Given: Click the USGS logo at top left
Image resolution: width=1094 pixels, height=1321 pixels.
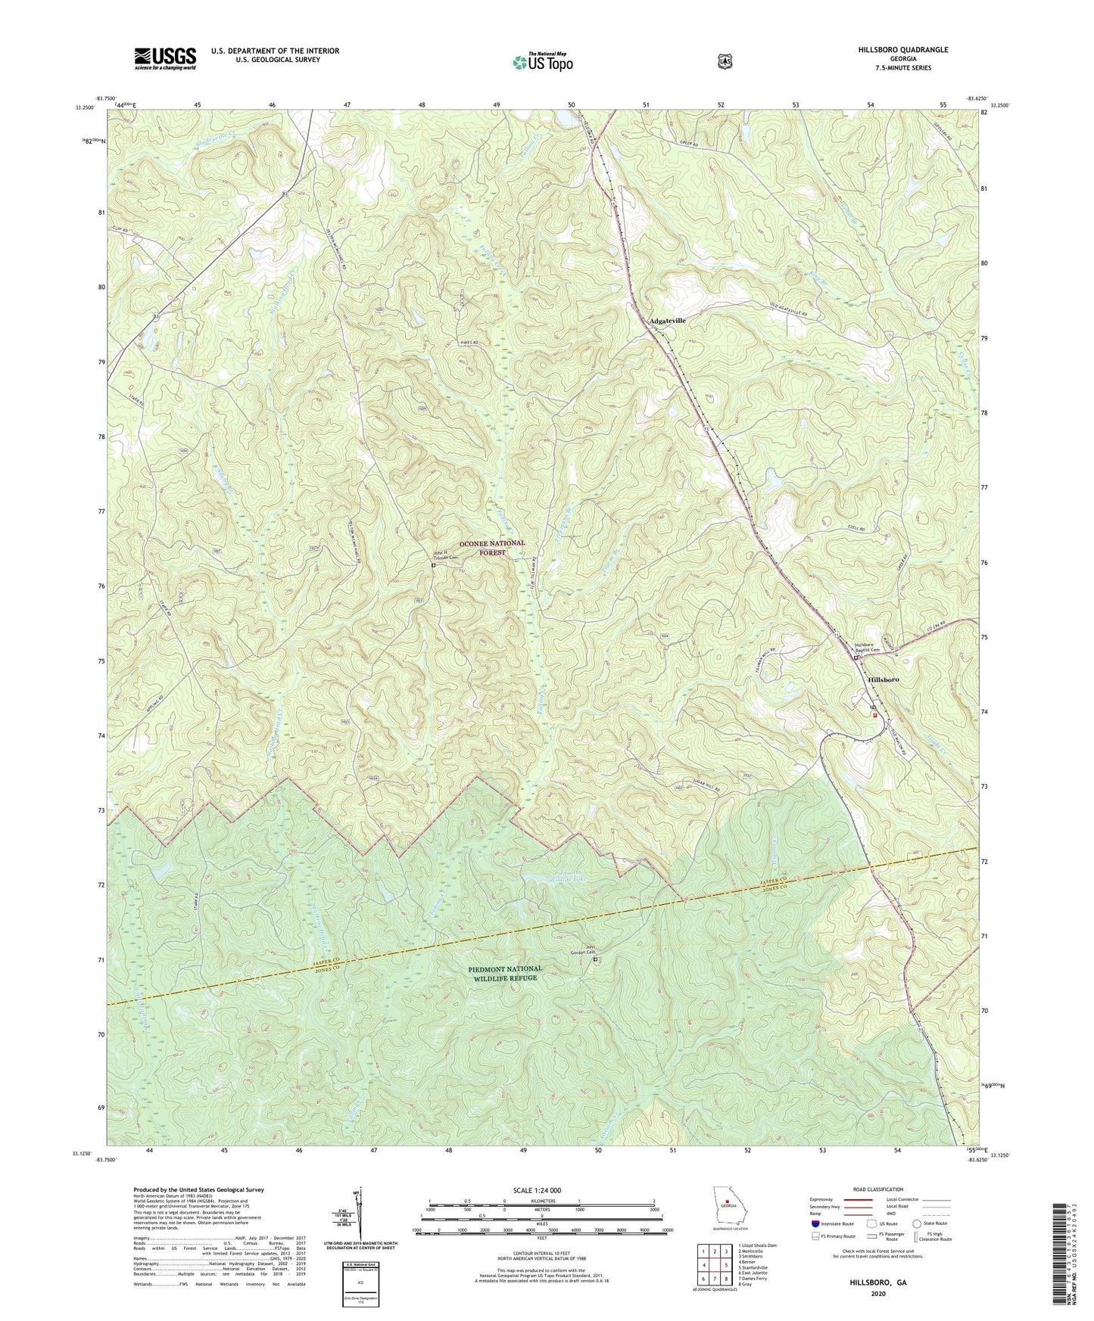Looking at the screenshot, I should (x=165, y=58).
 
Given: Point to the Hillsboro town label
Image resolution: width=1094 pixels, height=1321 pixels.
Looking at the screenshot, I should (x=883, y=680).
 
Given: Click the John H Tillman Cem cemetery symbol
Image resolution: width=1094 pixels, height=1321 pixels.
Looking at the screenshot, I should (x=434, y=565).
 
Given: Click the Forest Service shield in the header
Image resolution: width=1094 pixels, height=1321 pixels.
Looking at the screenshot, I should (x=725, y=61).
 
